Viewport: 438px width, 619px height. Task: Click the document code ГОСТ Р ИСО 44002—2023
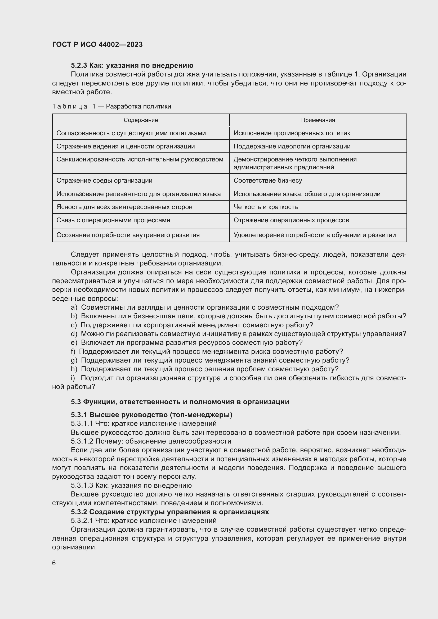[97, 44]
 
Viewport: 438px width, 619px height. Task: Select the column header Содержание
[141, 120]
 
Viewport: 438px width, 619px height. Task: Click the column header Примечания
[318, 120]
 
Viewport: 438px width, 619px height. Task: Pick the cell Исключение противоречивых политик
[292, 133]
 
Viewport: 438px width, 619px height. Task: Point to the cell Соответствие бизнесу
[268, 180]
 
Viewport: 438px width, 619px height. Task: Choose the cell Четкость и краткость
[266, 207]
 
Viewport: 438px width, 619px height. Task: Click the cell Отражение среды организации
[104, 180]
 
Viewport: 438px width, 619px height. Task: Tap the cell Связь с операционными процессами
[113, 220]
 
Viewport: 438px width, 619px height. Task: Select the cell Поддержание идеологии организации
[292, 146]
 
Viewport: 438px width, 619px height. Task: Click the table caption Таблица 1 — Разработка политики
[112, 106]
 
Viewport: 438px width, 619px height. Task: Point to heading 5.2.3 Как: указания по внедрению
[132, 65]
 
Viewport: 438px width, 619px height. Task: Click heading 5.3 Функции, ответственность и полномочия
[180, 402]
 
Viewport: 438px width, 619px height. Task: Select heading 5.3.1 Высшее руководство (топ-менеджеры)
[151, 414]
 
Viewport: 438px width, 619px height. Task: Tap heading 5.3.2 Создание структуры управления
[170, 512]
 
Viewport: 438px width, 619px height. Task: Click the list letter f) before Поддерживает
[73, 351]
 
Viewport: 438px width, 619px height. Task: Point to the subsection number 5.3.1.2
[82, 441]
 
